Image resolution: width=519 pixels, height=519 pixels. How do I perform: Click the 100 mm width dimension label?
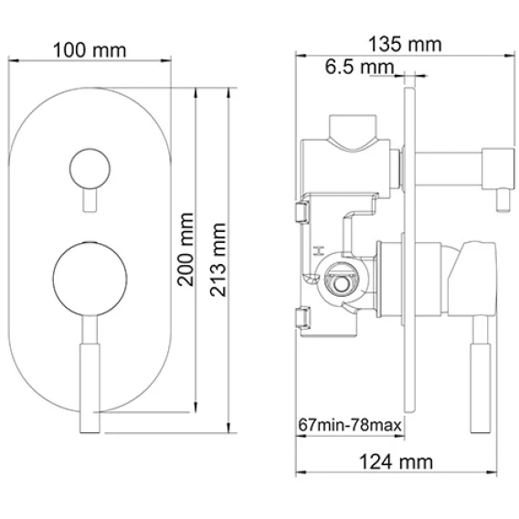pyautogui.click(x=90, y=50)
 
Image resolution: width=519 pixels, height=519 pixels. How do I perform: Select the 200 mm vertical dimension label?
pyautogui.click(x=185, y=249)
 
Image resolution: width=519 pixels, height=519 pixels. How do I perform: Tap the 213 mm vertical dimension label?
pyautogui.click(x=218, y=259)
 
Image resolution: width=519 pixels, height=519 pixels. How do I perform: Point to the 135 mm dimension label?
pyautogui.click(x=405, y=45)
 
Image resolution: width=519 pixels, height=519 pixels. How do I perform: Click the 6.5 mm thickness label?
pyautogui.click(x=360, y=67)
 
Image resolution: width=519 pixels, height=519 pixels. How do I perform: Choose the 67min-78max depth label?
pyautogui.click(x=350, y=425)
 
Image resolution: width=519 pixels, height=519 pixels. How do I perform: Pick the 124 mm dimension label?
pyautogui.click(x=396, y=462)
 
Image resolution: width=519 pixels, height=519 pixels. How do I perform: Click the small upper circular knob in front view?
pyautogui.click(x=90, y=169)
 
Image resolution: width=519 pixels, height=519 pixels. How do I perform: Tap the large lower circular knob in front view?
pyautogui.click(x=90, y=279)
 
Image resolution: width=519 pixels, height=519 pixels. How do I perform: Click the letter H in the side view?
pyautogui.click(x=319, y=250)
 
